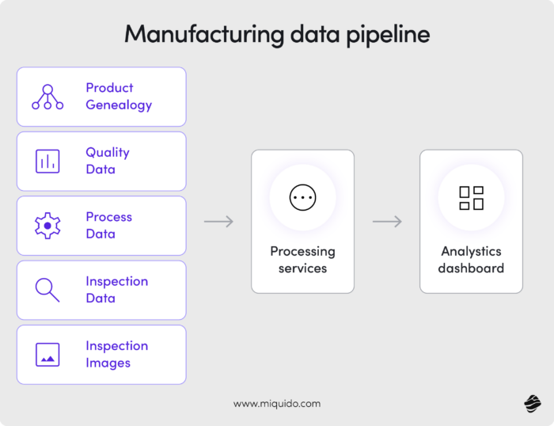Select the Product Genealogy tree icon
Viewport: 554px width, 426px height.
coord(47,97)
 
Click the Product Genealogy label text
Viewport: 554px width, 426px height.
coord(119,97)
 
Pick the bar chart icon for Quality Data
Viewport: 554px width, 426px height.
coord(47,161)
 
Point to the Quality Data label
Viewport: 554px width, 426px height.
coord(108,161)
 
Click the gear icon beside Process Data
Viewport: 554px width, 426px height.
coord(47,226)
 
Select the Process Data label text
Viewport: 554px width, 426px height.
coord(109,226)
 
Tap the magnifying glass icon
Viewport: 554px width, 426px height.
coord(47,290)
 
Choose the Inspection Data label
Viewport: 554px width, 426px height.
coord(117,290)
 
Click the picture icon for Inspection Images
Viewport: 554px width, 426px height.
coord(47,355)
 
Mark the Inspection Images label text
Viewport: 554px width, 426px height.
coord(117,355)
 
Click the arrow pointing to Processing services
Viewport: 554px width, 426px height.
coord(219,222)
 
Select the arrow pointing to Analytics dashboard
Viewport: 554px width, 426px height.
coord(387,222)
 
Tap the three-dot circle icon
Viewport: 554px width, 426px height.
coord(302,197)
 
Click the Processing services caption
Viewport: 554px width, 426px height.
coord(302,260)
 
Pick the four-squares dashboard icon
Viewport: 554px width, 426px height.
coord(471,197)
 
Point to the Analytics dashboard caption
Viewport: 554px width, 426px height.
coord(471,260)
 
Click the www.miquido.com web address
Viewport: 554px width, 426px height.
coord(277,403)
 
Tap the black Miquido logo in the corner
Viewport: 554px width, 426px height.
coord(531,404)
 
